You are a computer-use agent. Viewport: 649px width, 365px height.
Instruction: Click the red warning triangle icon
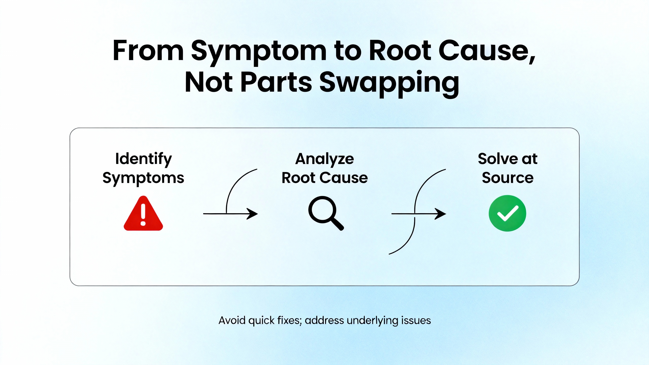(x=143, y=214)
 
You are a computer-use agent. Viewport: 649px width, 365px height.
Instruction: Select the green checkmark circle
(x=507, y=213)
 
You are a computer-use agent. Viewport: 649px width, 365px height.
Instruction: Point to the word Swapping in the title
(x=389, y=82)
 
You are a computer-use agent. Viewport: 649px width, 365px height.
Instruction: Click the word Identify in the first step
(x=143, y=159)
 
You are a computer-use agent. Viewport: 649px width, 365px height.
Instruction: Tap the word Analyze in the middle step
(x=324, y=159)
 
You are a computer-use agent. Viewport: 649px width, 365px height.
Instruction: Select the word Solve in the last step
(x=498, y=159)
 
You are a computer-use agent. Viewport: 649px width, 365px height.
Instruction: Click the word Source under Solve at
(x=508, y=178)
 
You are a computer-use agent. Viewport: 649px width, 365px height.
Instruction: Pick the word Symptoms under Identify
(x=143, y=178)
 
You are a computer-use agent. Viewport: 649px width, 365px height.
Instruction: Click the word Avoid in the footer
(x=232, y=320)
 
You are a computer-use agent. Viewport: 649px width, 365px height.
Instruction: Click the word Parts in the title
(x=276, y=82)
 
